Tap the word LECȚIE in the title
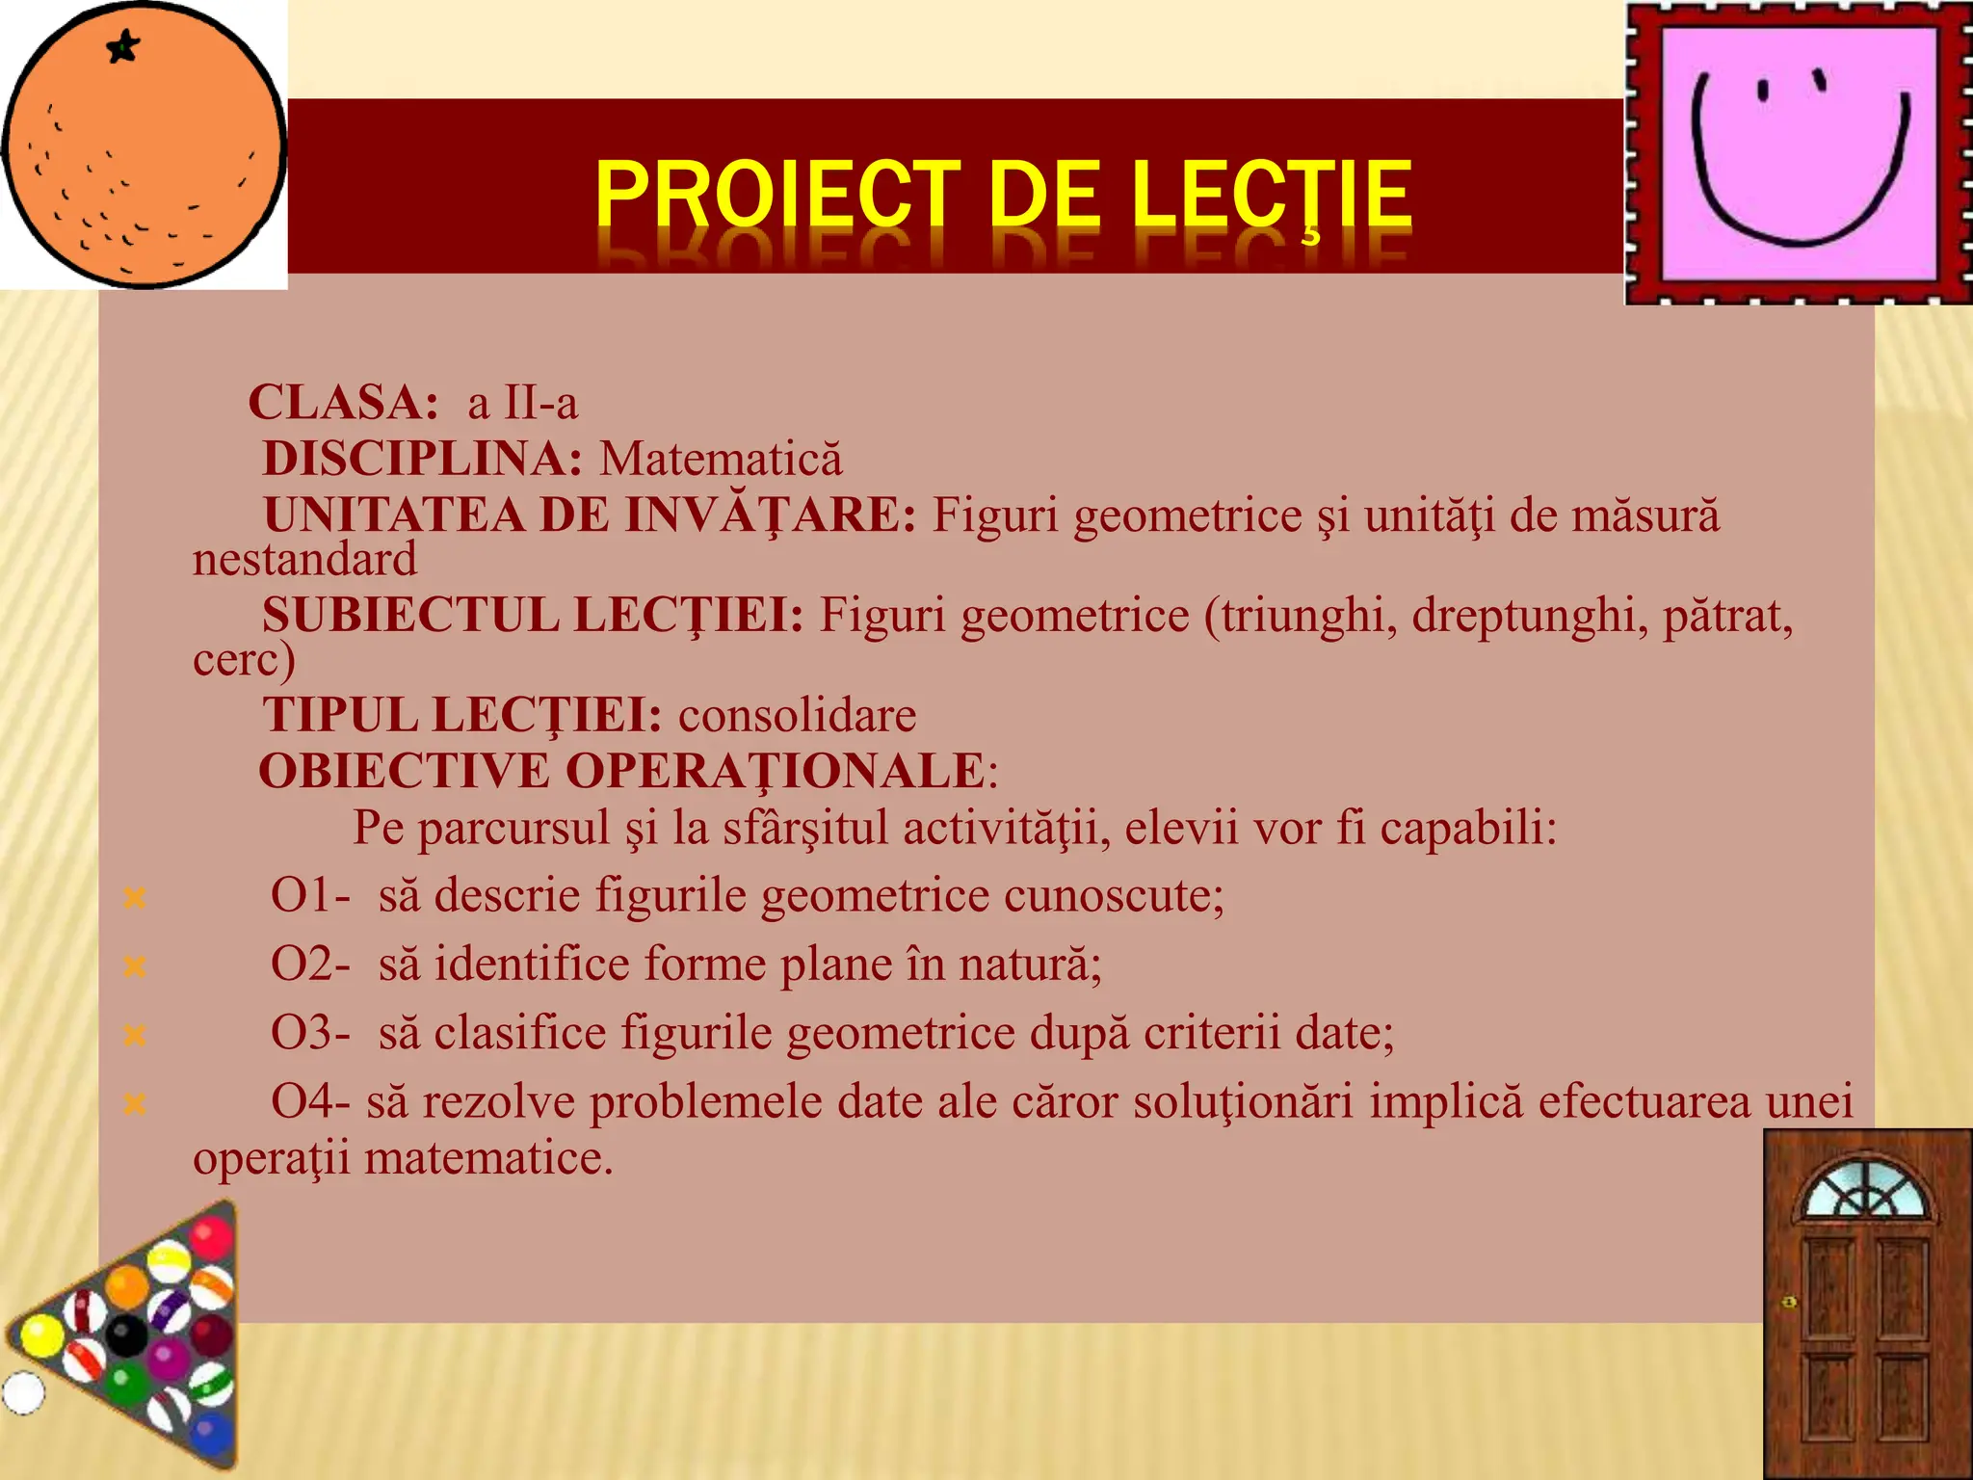(x=1272, y=195)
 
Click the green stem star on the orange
(x=123, y=46)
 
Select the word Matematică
(x=721, y=459)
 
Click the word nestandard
(x=304, y=560)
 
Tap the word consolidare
(x=797, y=715)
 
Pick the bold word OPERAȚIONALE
(x=775, y=771)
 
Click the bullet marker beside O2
(x=135, y=965)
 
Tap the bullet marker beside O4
(x=135, y=1103)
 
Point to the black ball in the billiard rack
(x=125, y=1335)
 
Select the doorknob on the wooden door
(x=1789, y=1303)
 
